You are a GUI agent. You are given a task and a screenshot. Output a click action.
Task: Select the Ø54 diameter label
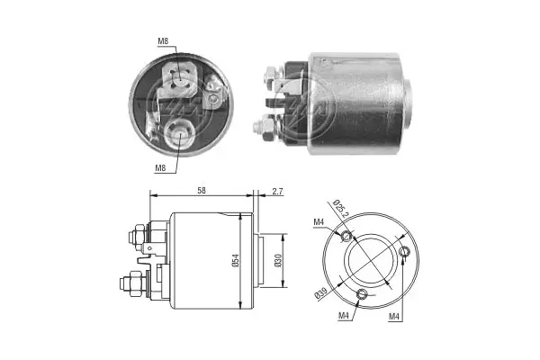tap(235, 260)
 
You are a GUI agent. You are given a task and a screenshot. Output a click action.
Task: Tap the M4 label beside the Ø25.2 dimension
tap(319, 223)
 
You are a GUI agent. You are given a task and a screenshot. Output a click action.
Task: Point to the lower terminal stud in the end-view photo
tap(181, 135)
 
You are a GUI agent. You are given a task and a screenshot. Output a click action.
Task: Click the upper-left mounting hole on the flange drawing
tap(347, 237)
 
